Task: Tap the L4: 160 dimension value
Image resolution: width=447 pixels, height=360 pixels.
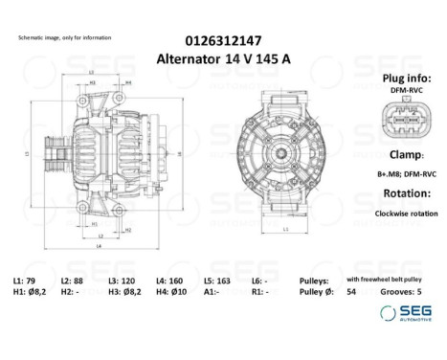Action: point(169,279)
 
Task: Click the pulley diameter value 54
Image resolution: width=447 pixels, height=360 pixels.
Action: point(351,291)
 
